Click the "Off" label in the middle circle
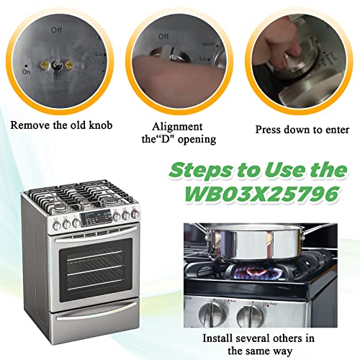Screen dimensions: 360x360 163,35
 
